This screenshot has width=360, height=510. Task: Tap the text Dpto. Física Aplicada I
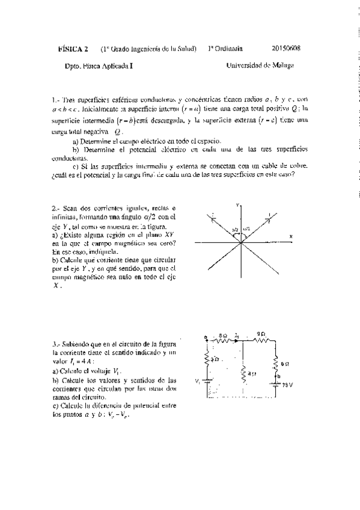pos(90,67)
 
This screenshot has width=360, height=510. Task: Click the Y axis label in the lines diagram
pos(239,206)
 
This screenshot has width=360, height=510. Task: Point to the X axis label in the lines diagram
pos(290,237)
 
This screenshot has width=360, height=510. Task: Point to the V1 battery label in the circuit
pos(198,381)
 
